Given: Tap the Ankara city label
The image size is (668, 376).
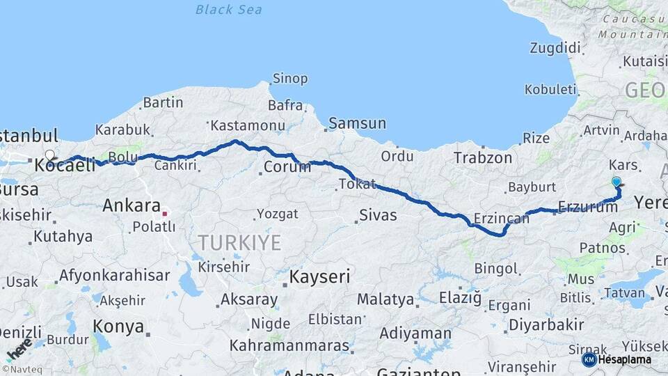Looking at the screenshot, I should tap(132, 205).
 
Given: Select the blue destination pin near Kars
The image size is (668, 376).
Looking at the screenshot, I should tap(616, 182).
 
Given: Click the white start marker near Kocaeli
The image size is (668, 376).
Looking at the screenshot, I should tap(49, 155).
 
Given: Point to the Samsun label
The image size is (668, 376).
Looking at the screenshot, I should tap(357, 123).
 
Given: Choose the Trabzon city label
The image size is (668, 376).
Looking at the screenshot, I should tap(483, 158).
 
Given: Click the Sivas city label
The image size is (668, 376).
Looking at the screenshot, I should tap(378, 215).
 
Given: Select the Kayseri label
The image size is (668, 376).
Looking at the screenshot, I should tap(319, 276).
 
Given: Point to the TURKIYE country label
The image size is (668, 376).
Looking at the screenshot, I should tap(239, 243).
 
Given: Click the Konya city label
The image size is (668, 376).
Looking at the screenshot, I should tap(118, 326).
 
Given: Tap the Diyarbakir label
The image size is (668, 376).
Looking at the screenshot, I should tap(546, 324).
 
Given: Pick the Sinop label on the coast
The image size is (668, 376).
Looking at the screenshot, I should tap(289, 79).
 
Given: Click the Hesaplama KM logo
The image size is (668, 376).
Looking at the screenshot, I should tap(617, 359).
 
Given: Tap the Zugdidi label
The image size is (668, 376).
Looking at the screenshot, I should tap(555, 48).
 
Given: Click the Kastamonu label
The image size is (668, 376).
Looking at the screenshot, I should tap(248, 125).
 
